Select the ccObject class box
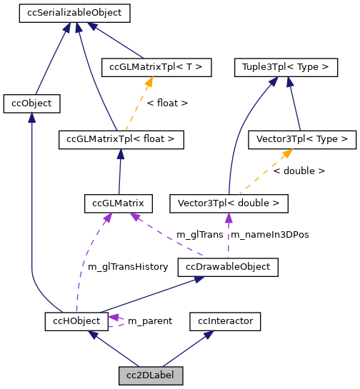coord(31,103)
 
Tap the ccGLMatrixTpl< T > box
coord(156,68)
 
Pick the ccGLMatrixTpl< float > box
coord(121,139)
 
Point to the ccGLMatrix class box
coord(118,203)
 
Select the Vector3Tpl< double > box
coord(229,203)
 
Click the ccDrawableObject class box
coord(228,267)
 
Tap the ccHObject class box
coord(76,321)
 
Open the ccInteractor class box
coord(226,321)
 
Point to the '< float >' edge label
coord(167,103)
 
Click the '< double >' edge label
coord(299,171)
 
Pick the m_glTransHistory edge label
coord(128,267)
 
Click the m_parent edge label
coord(149,321)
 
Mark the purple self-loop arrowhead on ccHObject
coord(114,318)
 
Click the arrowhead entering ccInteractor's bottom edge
coord(204,335)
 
